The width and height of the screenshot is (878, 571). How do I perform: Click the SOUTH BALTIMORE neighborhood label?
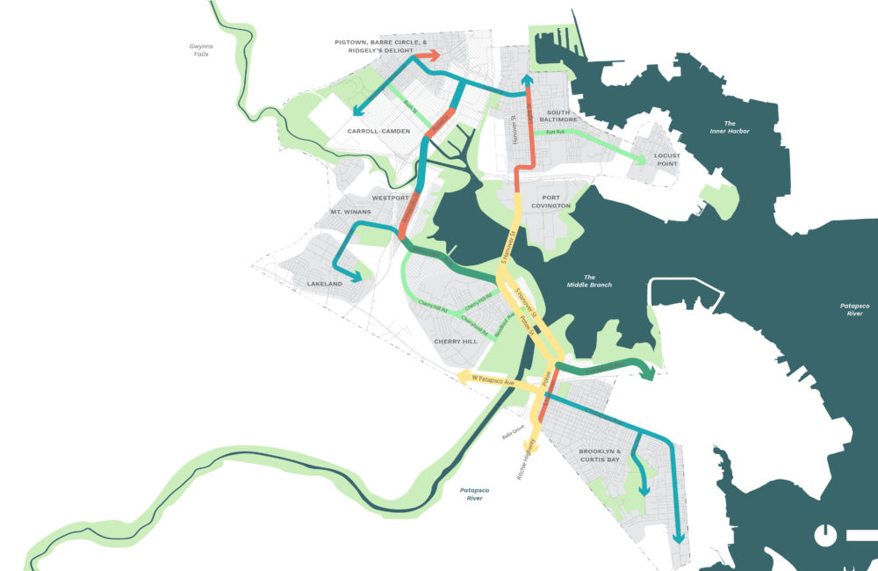[x=559, y=116]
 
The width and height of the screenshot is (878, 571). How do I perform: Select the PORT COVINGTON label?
[x=551, y=201]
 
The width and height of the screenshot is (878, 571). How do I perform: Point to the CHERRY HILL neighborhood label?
[x=456, y=341]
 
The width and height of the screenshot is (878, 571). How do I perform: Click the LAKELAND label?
[x=325, y=284]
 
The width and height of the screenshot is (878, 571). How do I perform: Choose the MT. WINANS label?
[x=347, y=213]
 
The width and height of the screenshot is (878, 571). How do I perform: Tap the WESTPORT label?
[x=390, y=198]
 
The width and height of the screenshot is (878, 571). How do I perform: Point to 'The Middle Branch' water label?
[x=588, y=281]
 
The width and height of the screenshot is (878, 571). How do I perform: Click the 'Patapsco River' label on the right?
[x=853, y=309]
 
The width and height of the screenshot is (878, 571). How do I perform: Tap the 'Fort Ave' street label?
[x=555, y=133]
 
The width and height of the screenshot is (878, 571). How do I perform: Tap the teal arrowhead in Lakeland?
[x=356, y=277]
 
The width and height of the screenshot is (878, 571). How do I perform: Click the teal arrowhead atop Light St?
[x=527, y=81]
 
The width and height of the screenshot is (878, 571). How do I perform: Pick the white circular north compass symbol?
[x=825, y=534]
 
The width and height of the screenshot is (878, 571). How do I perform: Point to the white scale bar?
[x=862, y=534]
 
